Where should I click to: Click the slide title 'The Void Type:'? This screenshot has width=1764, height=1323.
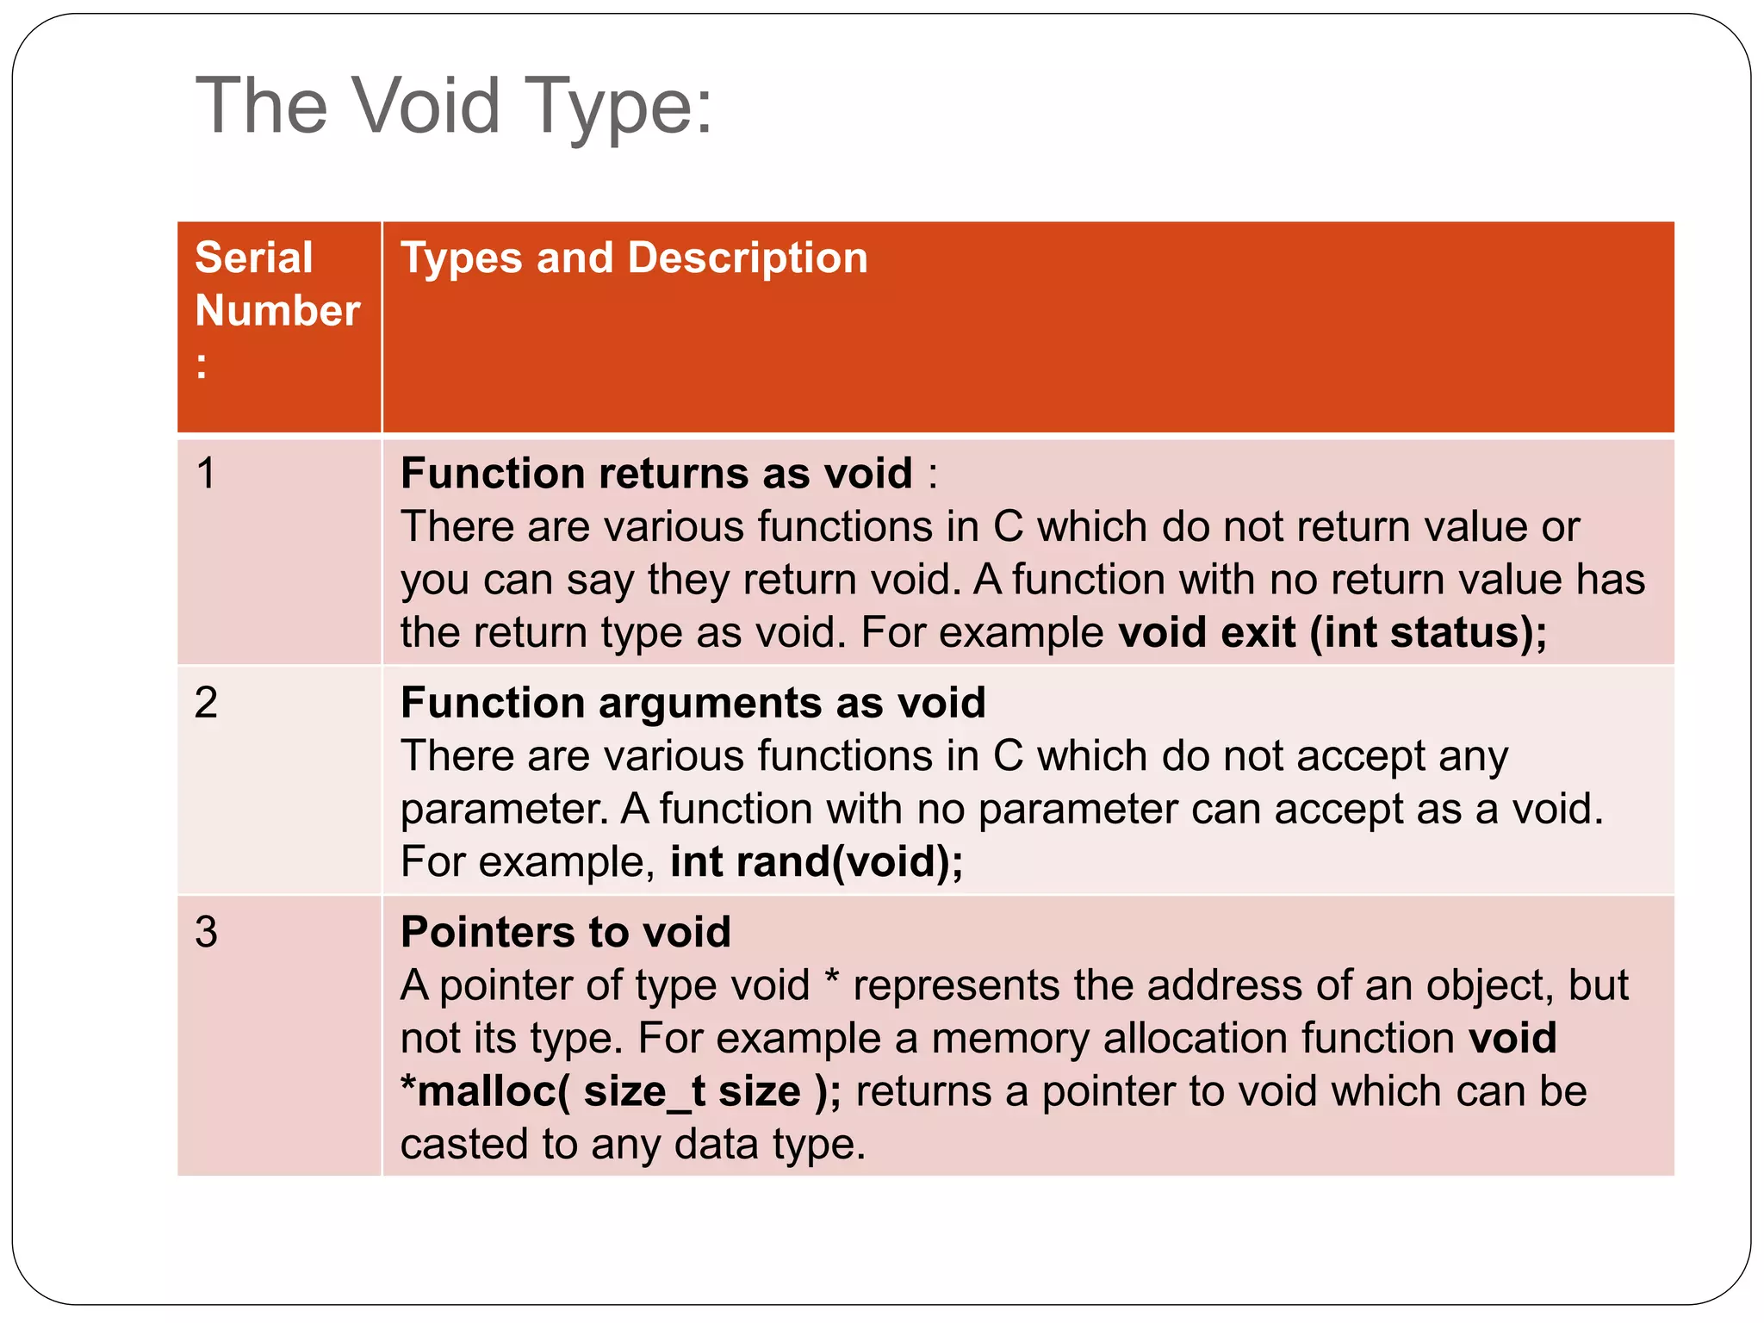(454, 106)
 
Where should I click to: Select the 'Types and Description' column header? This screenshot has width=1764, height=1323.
(634, 258)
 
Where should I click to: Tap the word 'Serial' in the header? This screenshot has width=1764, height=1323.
(253, 258)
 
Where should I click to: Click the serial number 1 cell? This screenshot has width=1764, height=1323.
(206, 473)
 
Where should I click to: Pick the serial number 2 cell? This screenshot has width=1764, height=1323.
(206, 703)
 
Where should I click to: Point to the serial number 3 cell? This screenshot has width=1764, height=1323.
(206, 932)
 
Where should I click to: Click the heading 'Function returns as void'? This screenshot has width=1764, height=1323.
(656, 473)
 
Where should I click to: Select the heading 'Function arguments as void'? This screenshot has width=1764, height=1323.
(693, 703)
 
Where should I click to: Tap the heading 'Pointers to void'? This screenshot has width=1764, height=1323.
(565, 932)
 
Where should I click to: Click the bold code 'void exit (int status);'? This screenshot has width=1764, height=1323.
(1332, 632)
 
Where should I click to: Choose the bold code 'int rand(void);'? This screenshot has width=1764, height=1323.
(816, 861)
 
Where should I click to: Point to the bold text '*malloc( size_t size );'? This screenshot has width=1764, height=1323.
(620, 1091)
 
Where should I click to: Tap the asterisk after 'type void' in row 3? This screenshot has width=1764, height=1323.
(831, 982)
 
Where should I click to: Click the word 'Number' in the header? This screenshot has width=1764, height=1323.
(277, 310)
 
